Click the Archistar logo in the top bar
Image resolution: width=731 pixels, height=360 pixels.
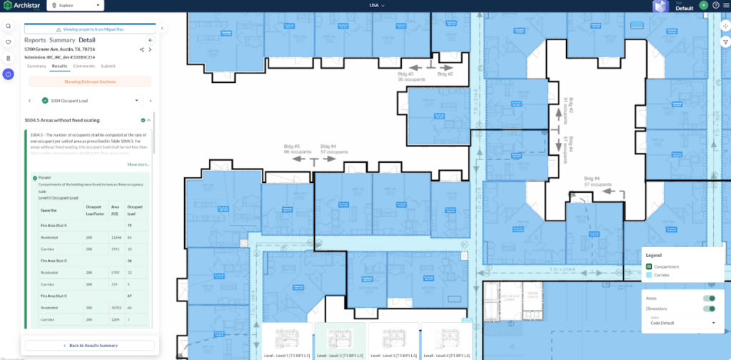point(21,5)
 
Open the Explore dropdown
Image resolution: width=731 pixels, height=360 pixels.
point(75,5)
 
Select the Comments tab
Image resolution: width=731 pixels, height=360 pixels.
point(84,66)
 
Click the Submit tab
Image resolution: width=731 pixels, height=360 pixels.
point(108,66)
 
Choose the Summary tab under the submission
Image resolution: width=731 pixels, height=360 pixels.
point(36,66)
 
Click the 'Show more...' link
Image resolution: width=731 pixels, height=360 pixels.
point(138,164)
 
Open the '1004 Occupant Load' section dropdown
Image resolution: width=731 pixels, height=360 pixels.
point(89,101)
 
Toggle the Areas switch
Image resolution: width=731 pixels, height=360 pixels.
point(710,299)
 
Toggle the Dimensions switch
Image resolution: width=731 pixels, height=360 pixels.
point(710,309)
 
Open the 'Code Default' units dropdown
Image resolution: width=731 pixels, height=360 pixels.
point(682,323)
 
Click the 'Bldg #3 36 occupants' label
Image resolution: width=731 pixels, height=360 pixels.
point(411,76)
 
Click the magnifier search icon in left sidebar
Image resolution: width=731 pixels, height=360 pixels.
point(8,26)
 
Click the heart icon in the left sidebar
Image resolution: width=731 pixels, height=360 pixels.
point(8,42)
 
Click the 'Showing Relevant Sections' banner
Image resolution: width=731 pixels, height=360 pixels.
point(89,81)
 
